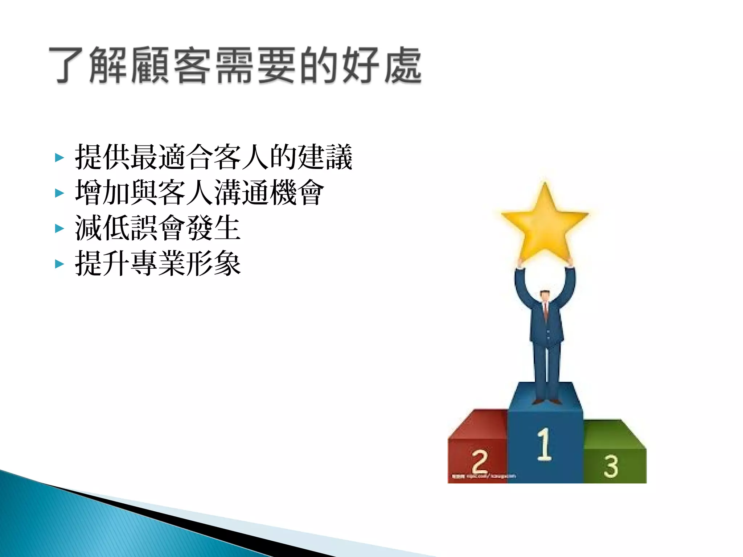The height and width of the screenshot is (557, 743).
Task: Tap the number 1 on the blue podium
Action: tap(544, 444)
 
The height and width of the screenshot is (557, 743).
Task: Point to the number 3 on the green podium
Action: tap(611, 466)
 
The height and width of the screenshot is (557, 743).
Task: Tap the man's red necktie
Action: tap(545, 312)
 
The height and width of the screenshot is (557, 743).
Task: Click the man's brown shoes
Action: tap(546, 401)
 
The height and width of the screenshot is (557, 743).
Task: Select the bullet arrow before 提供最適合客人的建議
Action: tap(59, 157)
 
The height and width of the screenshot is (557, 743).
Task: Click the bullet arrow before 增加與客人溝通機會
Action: tap(59, 193)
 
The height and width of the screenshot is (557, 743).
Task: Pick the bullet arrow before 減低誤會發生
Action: tap(59, 228)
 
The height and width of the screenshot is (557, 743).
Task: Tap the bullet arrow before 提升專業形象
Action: tap(59, 264)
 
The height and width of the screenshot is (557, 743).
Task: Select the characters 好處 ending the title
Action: tap(381, 65)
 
